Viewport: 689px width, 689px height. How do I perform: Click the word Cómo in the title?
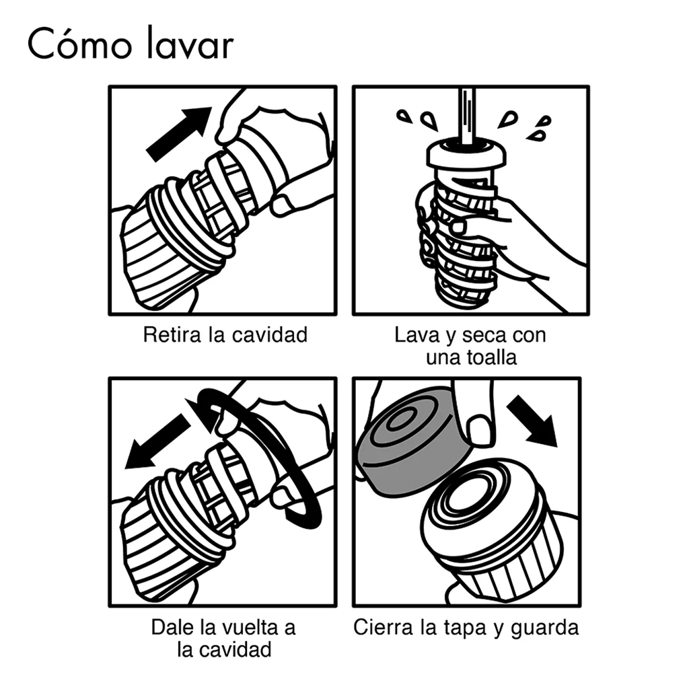click(x=79, y=43)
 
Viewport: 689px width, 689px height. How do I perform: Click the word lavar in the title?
click(x=189, y=43)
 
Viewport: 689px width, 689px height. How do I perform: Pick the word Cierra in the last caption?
click(x=384, y=627)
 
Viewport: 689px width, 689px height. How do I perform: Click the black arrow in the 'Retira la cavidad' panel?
click(x=178, y=134)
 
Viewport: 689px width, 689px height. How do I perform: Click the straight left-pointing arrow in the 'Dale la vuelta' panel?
click(x=157, y=441)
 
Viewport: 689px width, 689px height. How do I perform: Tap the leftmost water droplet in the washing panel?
click(x=404, y=116)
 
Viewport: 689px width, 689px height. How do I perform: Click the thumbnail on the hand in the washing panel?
click(x=458, y=227)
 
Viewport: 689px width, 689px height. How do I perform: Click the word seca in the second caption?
click(x=482, y=336)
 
